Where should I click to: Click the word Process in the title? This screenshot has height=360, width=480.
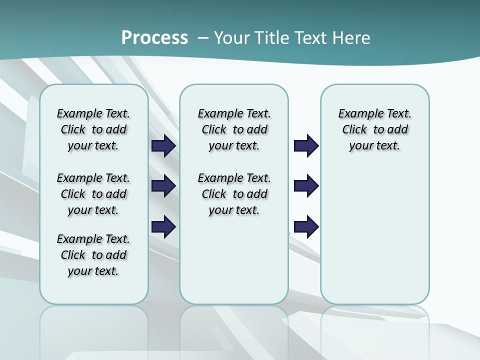click(x=154, y=38)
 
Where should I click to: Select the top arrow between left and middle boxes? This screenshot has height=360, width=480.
click(x=163, y=146)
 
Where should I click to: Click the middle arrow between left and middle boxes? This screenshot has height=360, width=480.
click(x=163, y=186)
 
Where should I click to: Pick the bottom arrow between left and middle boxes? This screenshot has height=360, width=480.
click(x=163, y=226)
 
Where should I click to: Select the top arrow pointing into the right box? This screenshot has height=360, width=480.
click(x=306, y=146)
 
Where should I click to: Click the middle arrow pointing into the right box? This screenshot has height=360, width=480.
click(x=306, y=186)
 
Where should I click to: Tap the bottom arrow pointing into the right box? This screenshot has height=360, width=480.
click(x=306, y=226)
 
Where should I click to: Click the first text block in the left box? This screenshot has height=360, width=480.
click(x=93, y=129)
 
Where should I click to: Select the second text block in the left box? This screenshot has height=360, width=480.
click(x=93, y=194)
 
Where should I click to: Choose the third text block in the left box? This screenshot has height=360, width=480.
click(x=93, y=255)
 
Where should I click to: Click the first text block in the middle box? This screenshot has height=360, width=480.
click(x=234, y=129)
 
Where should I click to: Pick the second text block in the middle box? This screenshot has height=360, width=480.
click(x=234, y=194)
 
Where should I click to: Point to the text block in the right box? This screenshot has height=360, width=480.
click(x=375, y=129)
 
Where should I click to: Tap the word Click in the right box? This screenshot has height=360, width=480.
click(x=354, y=130)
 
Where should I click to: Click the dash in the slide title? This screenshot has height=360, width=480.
click(x=203, y=38)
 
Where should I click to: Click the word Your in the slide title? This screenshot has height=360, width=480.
click(x=232, y=38)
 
